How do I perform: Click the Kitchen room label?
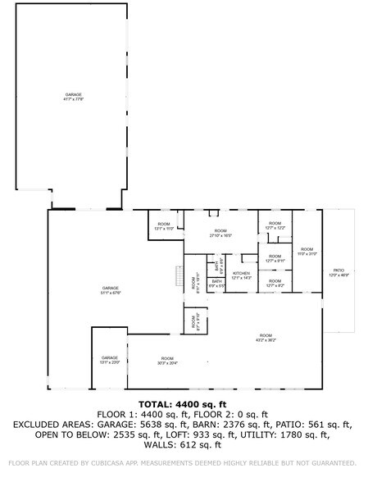pyautogui.click(x=241, y=275)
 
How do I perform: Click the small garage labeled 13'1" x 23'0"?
pyautogui.click(x=110, y=360)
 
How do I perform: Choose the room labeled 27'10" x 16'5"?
pyautogui.click(x=220, y=233)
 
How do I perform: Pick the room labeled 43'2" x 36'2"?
pyautogui.click(x=266, y=337)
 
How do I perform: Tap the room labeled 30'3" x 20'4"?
pyautogui.click(x=167, y=360)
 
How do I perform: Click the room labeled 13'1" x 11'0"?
pyautogui.click(x=164, y=226)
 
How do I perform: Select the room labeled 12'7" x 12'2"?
pyautogui.click(x=275, y=225)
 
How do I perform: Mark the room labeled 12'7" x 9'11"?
pyautogui.click(x=275, y=258)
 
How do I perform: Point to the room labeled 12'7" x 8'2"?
pyautogui.click(x=275, y=283)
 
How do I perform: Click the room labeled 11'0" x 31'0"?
pyautogui.click(x=306, y=251)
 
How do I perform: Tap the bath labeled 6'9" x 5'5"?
pyautogui.click(x=217, y=284)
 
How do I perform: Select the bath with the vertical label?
pyautogui.click(x=218, y=266)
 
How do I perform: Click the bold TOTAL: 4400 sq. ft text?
pyautogui.click(x=184, y=403)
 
